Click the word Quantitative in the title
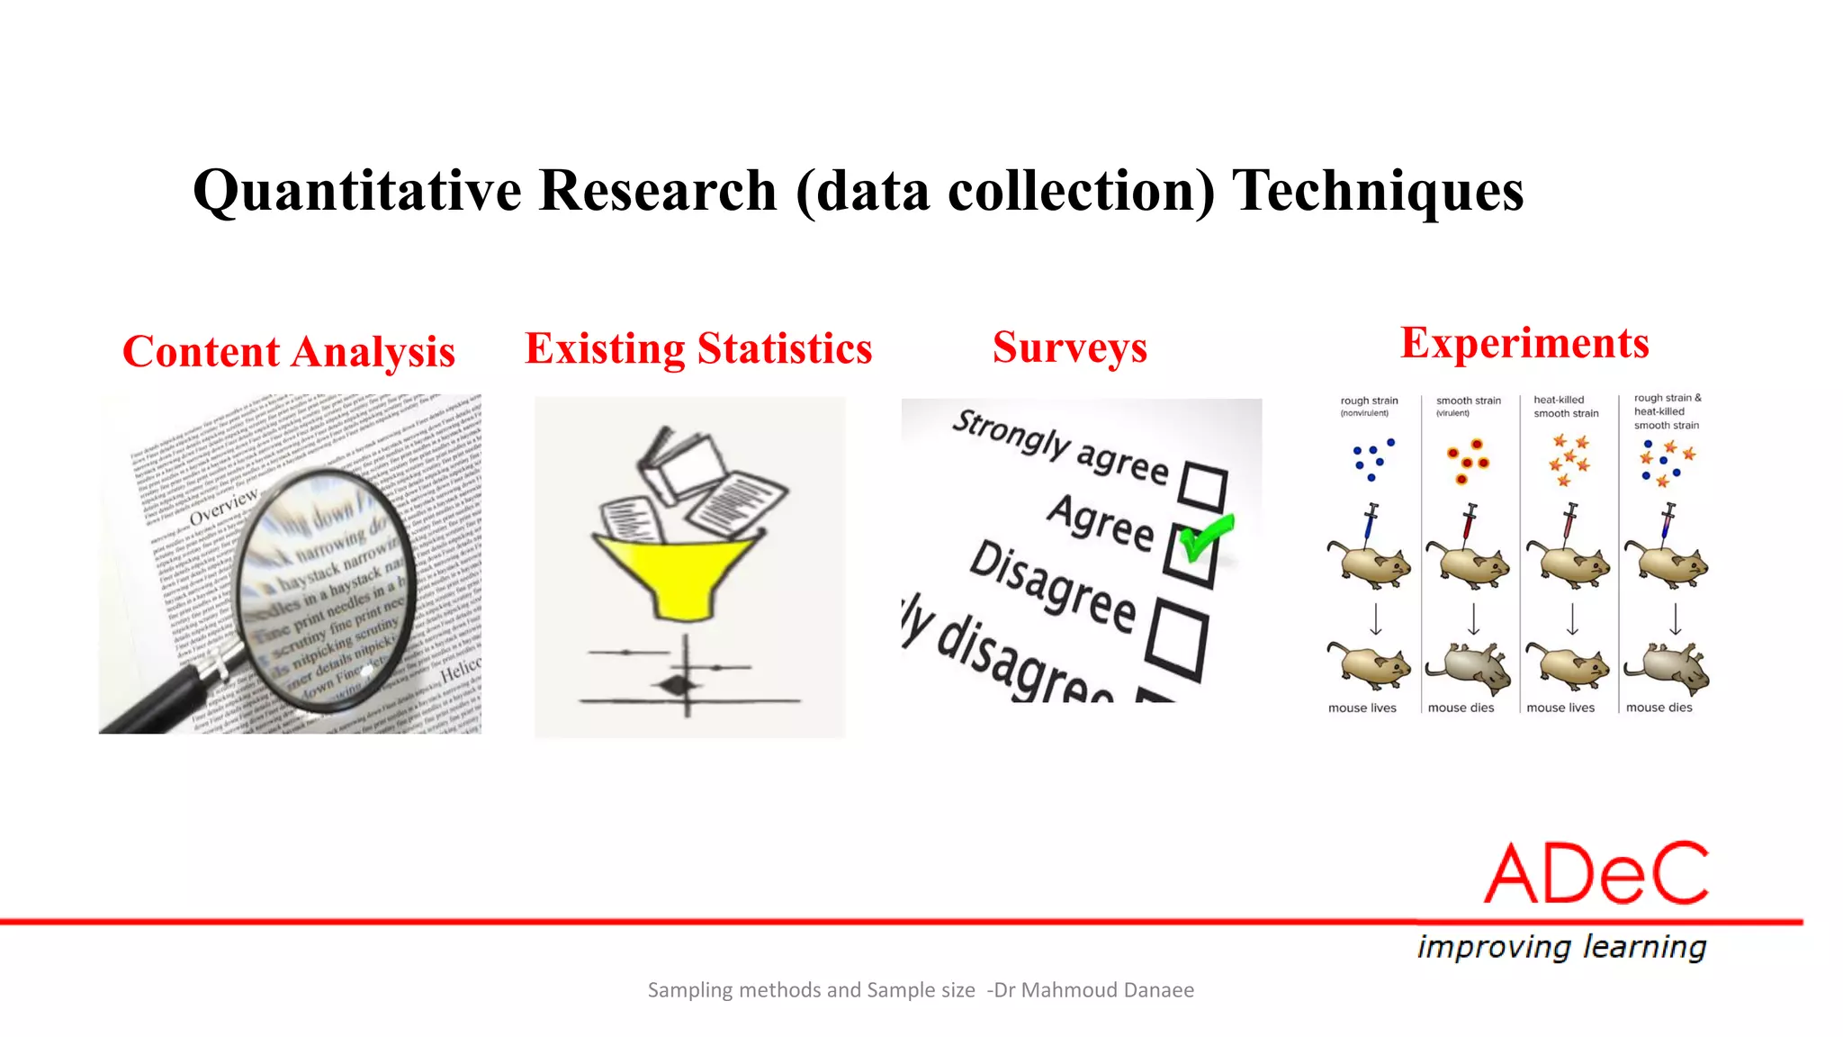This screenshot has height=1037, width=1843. pos(357,191)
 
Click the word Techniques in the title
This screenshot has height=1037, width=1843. pos(1377,191)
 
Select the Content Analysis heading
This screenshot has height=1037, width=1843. pos(289,352)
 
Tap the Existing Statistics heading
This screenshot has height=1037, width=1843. pos(698,348)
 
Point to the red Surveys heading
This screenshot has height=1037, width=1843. pos(1070,347)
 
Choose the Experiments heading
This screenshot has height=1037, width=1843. pos(1524,343)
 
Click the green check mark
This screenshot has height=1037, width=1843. pos(1206,537)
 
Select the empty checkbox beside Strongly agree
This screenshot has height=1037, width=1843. pos(1202,486)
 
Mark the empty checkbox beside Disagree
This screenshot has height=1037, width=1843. pos(1177,640)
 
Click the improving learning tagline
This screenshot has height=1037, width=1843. pos(1561,947)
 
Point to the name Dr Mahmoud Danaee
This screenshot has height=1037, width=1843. pos(1093,990)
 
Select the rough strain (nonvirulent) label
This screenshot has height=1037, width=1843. pos(1368,406)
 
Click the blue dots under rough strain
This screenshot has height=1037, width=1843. pos(1372,459)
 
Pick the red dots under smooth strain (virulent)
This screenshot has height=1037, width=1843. pos(1468,460)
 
